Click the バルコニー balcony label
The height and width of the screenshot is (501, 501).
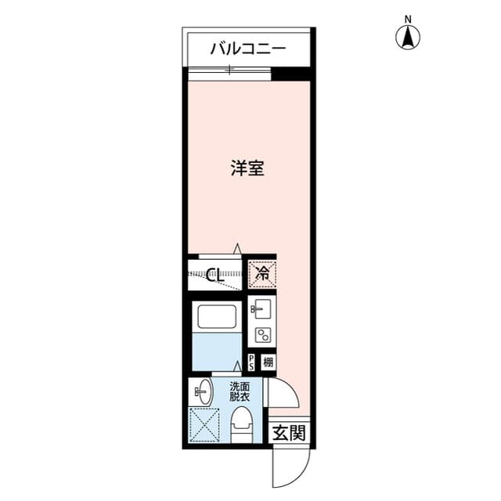[247, 49]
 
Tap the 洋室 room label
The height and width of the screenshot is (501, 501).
[247, 168]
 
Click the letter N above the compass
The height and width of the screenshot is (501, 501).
[408, 18]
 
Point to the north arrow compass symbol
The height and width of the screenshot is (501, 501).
[408, 36]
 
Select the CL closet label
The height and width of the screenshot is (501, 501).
[216, 275]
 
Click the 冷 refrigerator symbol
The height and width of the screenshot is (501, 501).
[262, 274]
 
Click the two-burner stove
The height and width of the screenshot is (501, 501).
[261, 335]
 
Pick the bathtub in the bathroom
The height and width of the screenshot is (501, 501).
[217, 316]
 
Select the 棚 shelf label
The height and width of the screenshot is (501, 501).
[268, 362]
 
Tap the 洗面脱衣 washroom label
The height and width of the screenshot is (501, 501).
[240, 391]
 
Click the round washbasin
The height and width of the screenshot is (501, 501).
[202, 390]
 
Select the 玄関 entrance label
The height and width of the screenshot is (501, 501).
[289, 433]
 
